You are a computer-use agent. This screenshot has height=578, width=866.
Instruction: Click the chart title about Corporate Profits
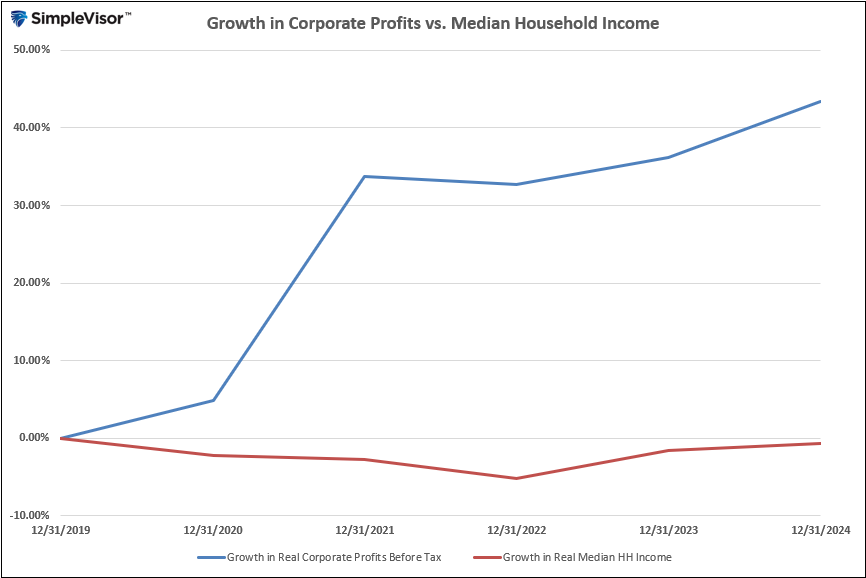pyautogui.click(x=433, y=23)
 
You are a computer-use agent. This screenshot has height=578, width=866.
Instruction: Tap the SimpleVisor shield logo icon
pyautogui.click(x=19, y=19)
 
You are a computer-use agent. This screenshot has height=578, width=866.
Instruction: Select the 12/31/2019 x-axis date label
pyautogui.click(x=61, y=530)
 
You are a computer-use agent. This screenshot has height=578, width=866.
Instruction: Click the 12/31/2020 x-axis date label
pyautogui.click(x=213, y=530)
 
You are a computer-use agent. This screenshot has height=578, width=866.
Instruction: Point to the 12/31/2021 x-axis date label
pyautogui.click(x=365, y=530)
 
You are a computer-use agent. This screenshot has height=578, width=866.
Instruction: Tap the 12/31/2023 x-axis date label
pyautogui.click(x=668, y=530)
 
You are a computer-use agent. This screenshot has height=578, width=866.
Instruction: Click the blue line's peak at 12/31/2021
pyautogui.click(x=365, y=176)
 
